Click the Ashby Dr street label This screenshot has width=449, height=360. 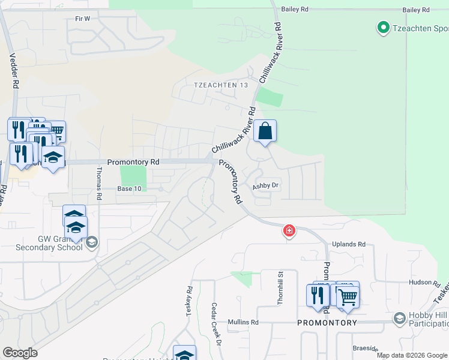266,186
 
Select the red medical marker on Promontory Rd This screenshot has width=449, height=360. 289,230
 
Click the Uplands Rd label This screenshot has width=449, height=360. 349,245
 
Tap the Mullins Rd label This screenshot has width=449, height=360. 243,322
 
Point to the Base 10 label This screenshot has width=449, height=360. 129,188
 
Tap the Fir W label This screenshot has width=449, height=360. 82,19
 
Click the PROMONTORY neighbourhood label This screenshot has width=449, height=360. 327,323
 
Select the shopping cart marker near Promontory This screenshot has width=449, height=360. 347,296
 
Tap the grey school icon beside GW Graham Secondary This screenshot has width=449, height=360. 91,242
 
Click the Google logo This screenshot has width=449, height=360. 20,353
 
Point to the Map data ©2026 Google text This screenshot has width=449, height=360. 412,355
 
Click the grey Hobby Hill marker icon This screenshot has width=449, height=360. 400,317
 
